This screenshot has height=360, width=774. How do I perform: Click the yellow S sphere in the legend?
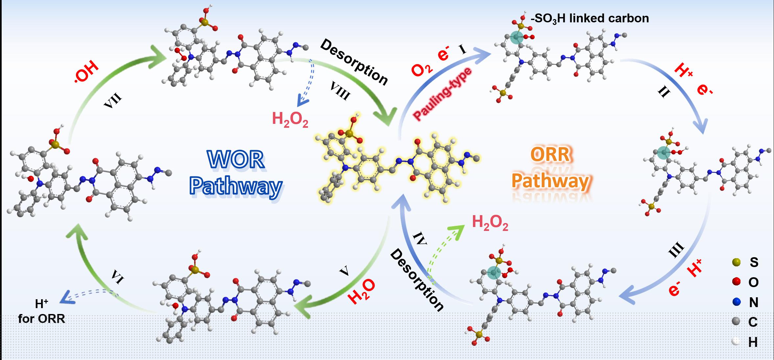click(x=736, y=262)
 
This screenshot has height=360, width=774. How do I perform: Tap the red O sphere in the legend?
click(x=736, y=282)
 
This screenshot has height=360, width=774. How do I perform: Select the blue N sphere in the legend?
click(x=736, y=302)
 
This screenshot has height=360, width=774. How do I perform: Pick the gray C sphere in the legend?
click(x=736, y=322)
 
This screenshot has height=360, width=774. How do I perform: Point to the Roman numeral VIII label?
click(x=340, y=90)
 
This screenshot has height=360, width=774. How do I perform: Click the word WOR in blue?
click(x=236, y=160)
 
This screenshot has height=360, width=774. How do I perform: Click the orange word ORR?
click(x=550, y=154)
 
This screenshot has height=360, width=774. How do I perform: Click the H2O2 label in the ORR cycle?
click(x=490, y=223)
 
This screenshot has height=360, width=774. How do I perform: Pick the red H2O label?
click(x=361, y=291)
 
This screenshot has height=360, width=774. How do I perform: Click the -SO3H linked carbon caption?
click(x=590, y=18)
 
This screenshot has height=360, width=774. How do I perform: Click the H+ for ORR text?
click(x=42, y=312)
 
